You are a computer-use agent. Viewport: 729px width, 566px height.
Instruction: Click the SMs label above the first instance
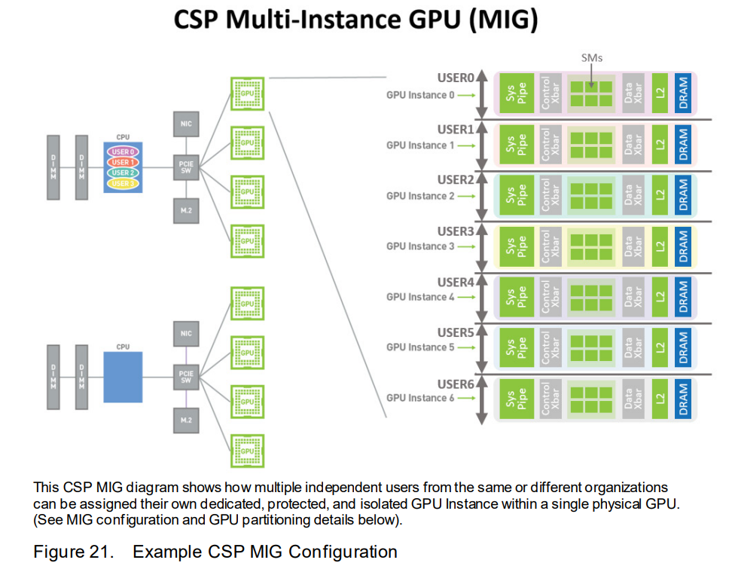[x=593, y=57]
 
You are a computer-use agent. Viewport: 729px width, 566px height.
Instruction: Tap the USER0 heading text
[x=456, y=78]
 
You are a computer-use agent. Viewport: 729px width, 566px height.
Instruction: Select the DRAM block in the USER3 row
[x=683, y=246]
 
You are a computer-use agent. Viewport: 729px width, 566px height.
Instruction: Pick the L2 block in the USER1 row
[x=660, y=145]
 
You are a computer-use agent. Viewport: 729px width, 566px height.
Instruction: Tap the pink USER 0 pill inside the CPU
[x=123, y=151]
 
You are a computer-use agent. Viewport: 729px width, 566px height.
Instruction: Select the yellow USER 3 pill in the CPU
[x=123, y=183]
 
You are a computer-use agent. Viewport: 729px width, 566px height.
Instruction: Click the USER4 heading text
[x=456, y=283]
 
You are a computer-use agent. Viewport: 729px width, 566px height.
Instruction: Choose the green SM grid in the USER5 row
[x=591, y=347]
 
